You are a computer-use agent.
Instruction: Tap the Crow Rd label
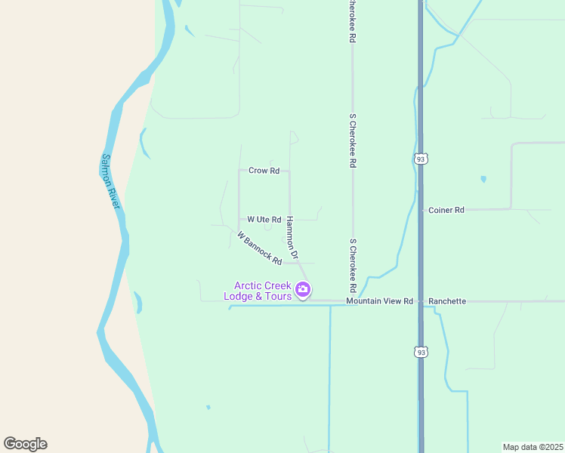pos(264,171)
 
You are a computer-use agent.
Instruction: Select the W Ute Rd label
pos(263,220)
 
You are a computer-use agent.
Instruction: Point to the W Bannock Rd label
pos(259,248)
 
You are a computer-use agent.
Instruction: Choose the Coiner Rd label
pos(446,211)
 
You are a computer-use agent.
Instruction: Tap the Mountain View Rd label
pos(379,301)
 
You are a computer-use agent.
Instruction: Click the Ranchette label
pos(447,301)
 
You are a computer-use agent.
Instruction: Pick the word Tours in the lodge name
pos(276,296)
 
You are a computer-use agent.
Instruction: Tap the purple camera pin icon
pos(303,289)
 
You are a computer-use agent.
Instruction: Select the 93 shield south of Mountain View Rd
pos(421,352)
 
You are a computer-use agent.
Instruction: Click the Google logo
pos(25,443)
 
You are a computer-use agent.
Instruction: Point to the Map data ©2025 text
pos(533,447)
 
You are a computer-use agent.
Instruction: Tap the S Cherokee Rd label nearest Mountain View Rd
pos(353,266)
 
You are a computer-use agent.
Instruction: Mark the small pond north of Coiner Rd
pos(483,180)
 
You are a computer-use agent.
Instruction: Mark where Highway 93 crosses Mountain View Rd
pos(421,301)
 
